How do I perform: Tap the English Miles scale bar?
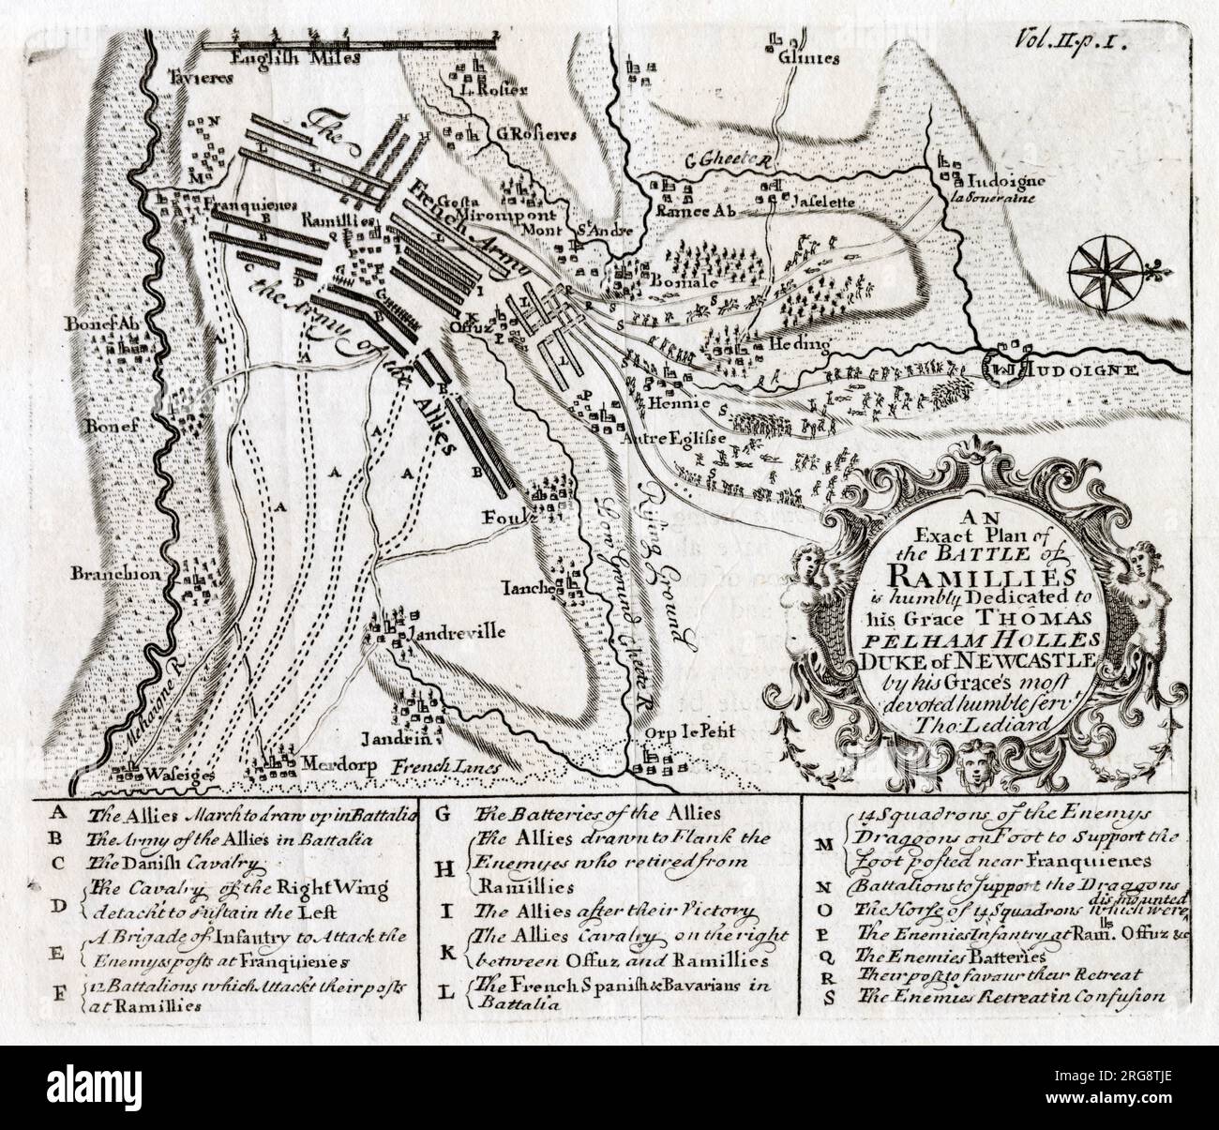(353, 39)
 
